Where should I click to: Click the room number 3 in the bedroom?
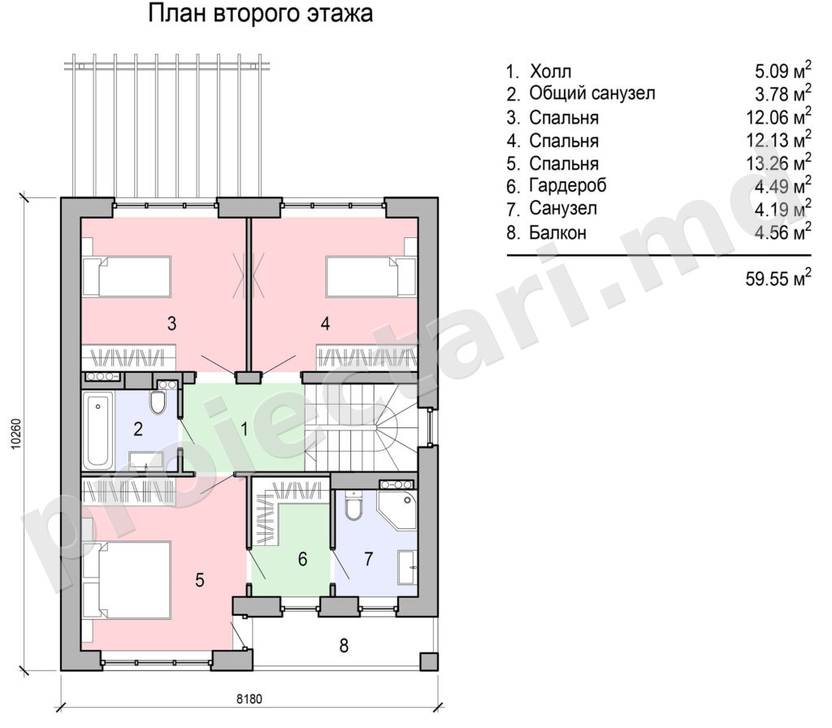pos(171,323)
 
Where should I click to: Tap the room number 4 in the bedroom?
pos(325,323)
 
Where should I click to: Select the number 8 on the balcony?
pos(344,645)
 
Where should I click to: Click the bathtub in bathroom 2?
pos(98,430)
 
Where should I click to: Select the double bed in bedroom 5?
pos(127,580)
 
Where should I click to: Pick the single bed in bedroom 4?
pos(370,276)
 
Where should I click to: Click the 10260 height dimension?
pos(16,434)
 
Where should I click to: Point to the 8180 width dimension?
pos(249,699)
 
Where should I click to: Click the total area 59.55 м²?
pos(778,278)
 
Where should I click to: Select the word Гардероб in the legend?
pos(568,186)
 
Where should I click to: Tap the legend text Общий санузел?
pos(592,94)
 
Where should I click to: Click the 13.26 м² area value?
pos(778,162)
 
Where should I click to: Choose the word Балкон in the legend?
pos(557,232)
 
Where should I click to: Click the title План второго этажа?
pos(260,14)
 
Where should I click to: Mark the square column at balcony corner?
pos(429,661)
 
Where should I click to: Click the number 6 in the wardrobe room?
pos(302,559)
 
